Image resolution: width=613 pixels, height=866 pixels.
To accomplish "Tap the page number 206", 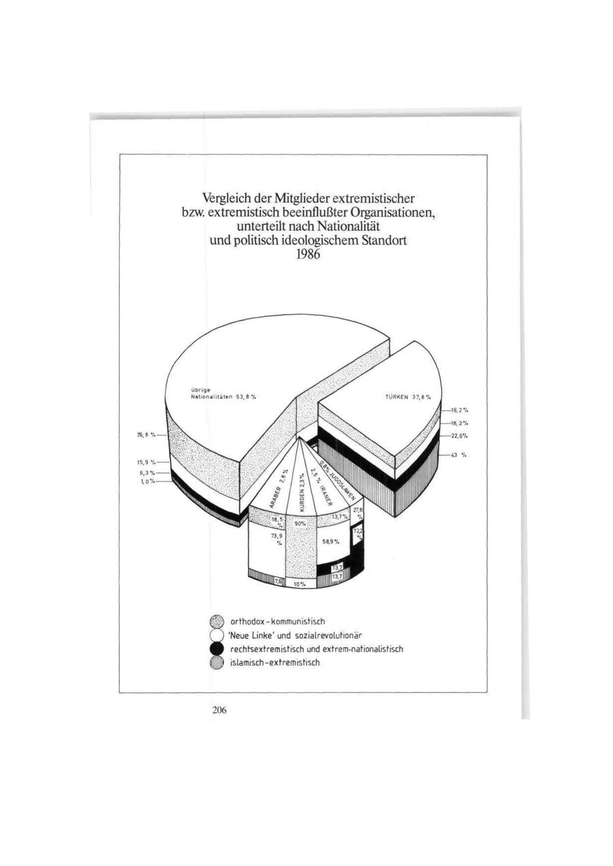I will pos(219,710).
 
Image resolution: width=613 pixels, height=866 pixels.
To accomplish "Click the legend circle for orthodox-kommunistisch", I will pos(217,621).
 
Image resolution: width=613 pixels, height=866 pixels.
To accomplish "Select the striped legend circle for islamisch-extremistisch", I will pos(217,662).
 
